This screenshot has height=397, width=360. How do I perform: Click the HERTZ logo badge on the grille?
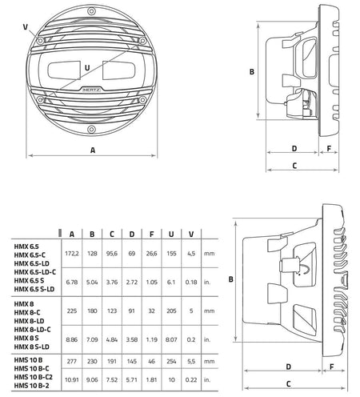click(91, 90)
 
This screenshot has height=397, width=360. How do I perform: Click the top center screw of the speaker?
click(91, 11)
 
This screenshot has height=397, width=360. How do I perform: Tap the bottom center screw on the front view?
click(91, 130)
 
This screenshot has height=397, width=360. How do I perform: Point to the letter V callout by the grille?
click(26, 27)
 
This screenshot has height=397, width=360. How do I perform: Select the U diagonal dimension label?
click(87, 68)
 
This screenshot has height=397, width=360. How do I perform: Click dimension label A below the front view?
click(93, 150)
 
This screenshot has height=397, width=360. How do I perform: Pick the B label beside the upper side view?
click(252, 72)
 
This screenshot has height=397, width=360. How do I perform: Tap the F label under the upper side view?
click(329, 149)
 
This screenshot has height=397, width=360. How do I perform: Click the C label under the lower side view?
click(288, 384)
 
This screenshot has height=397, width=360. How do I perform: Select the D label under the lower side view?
click(288, 367)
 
